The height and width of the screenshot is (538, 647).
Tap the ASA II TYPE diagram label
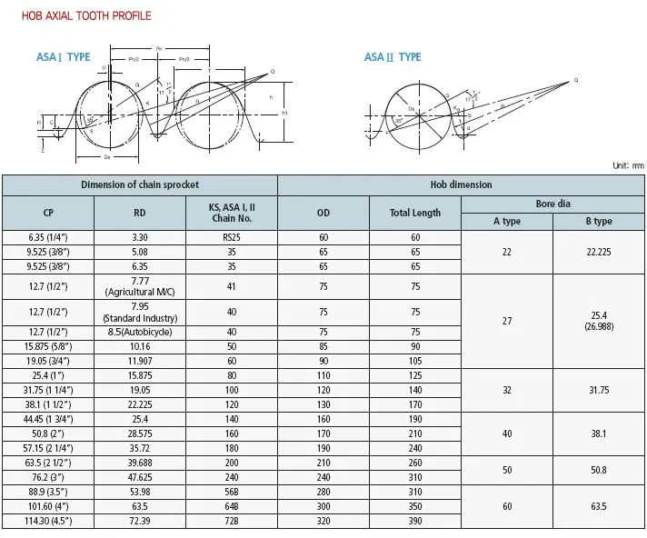393,57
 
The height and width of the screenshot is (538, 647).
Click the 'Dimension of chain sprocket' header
139,184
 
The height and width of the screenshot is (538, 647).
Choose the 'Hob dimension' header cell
461,184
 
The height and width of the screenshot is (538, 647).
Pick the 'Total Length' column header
415,213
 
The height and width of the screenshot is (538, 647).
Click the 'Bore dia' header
552,204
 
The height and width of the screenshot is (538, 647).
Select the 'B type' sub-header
597,221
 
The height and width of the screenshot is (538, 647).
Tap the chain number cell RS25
231,237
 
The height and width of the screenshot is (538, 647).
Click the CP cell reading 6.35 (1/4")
47,237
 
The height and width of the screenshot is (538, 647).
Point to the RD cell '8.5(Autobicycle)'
139,332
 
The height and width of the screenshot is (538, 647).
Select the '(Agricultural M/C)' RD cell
139,291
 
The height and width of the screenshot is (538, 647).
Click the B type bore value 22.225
597,252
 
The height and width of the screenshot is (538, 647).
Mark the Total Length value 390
415,522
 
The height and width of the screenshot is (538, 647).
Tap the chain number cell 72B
231,522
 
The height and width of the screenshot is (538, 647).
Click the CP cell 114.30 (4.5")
47,522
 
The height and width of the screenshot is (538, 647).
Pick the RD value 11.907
139,360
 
